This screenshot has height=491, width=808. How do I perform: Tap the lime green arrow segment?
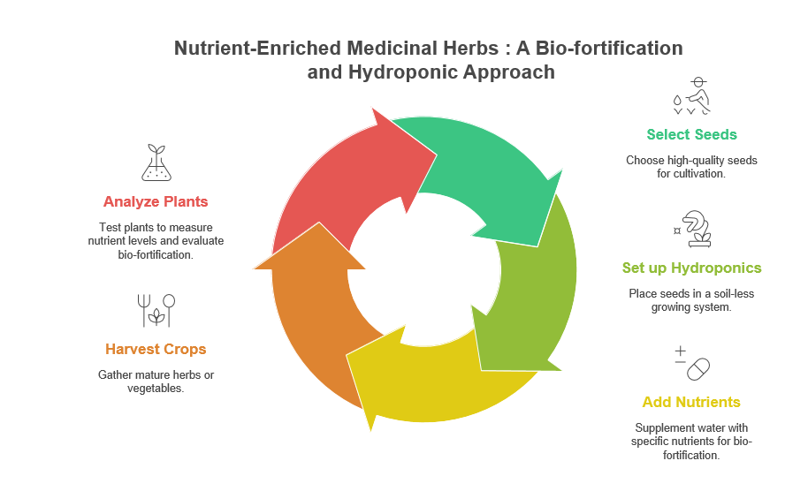530,291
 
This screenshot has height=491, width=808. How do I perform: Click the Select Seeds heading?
691,134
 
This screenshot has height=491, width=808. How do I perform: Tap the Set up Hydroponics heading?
691,268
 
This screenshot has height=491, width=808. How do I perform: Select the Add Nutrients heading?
691,402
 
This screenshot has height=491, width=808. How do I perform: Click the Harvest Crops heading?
156,349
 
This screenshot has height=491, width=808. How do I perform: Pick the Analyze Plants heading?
156,201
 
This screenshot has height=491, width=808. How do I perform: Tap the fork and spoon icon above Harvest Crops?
156,310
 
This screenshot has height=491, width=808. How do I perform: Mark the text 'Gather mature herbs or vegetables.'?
156,381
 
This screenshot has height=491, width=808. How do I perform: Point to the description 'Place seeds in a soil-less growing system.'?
691,300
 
